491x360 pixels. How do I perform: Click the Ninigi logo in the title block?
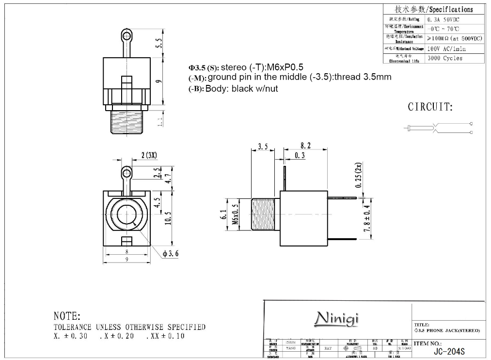pyautogui.click(x=336, y=318)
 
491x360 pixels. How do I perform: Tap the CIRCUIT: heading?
pyautogui.click(x=430, y=107)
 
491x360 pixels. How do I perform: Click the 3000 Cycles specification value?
pyautogui.click(x=445, y=58)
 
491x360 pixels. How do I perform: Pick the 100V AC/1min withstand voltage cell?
pyautogui.click(x=446, y=49)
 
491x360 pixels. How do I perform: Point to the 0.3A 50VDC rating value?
pyautogui.click(x=443, y=19)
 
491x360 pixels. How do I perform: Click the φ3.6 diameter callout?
pyautogui.click(x=171, y=254)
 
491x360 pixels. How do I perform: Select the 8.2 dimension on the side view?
pyautogui.click(x=305, y=146)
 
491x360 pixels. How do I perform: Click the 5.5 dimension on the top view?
pyautogui.click(x=158, y=43)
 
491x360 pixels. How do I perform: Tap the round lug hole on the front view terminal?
pyautogui.click(x=127, y=172)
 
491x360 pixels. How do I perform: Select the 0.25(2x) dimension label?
pyautogui.click(x=359, y=175)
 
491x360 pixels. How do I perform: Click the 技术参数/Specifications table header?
pyautogui.click(x=433, y=9)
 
